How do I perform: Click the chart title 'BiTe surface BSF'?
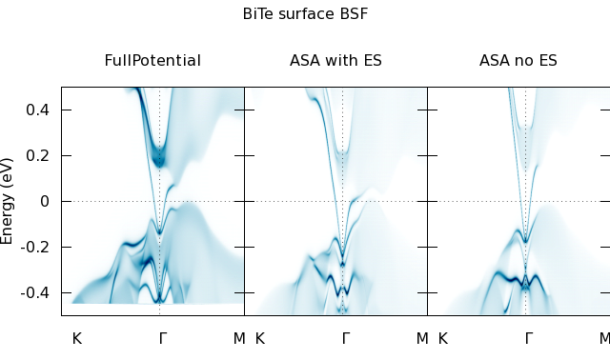click(305, 13)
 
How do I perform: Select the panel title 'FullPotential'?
click(152, 60)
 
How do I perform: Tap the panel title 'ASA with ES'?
click(335, 60)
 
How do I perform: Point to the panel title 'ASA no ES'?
click(518, 60)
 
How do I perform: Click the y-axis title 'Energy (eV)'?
click(7, 201)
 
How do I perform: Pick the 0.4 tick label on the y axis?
click(37, 110)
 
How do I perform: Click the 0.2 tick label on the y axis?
click(37, 155)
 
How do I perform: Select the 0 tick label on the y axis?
click(45, 201)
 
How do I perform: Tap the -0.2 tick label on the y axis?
click(35, 247)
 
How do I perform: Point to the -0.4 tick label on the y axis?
click(35, 292)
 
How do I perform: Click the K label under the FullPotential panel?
click(77, 339)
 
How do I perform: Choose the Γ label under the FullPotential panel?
click(163, 339)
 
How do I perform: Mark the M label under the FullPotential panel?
click(239, 339)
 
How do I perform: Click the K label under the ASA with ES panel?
click(260, 339)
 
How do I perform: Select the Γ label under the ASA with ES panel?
click(345, 339)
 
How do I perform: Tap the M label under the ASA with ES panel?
click(422, 339)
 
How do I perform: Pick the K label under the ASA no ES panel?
click(442, 339)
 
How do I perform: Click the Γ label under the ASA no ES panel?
click(528, 339)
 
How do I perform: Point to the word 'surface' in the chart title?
click(305, 13)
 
